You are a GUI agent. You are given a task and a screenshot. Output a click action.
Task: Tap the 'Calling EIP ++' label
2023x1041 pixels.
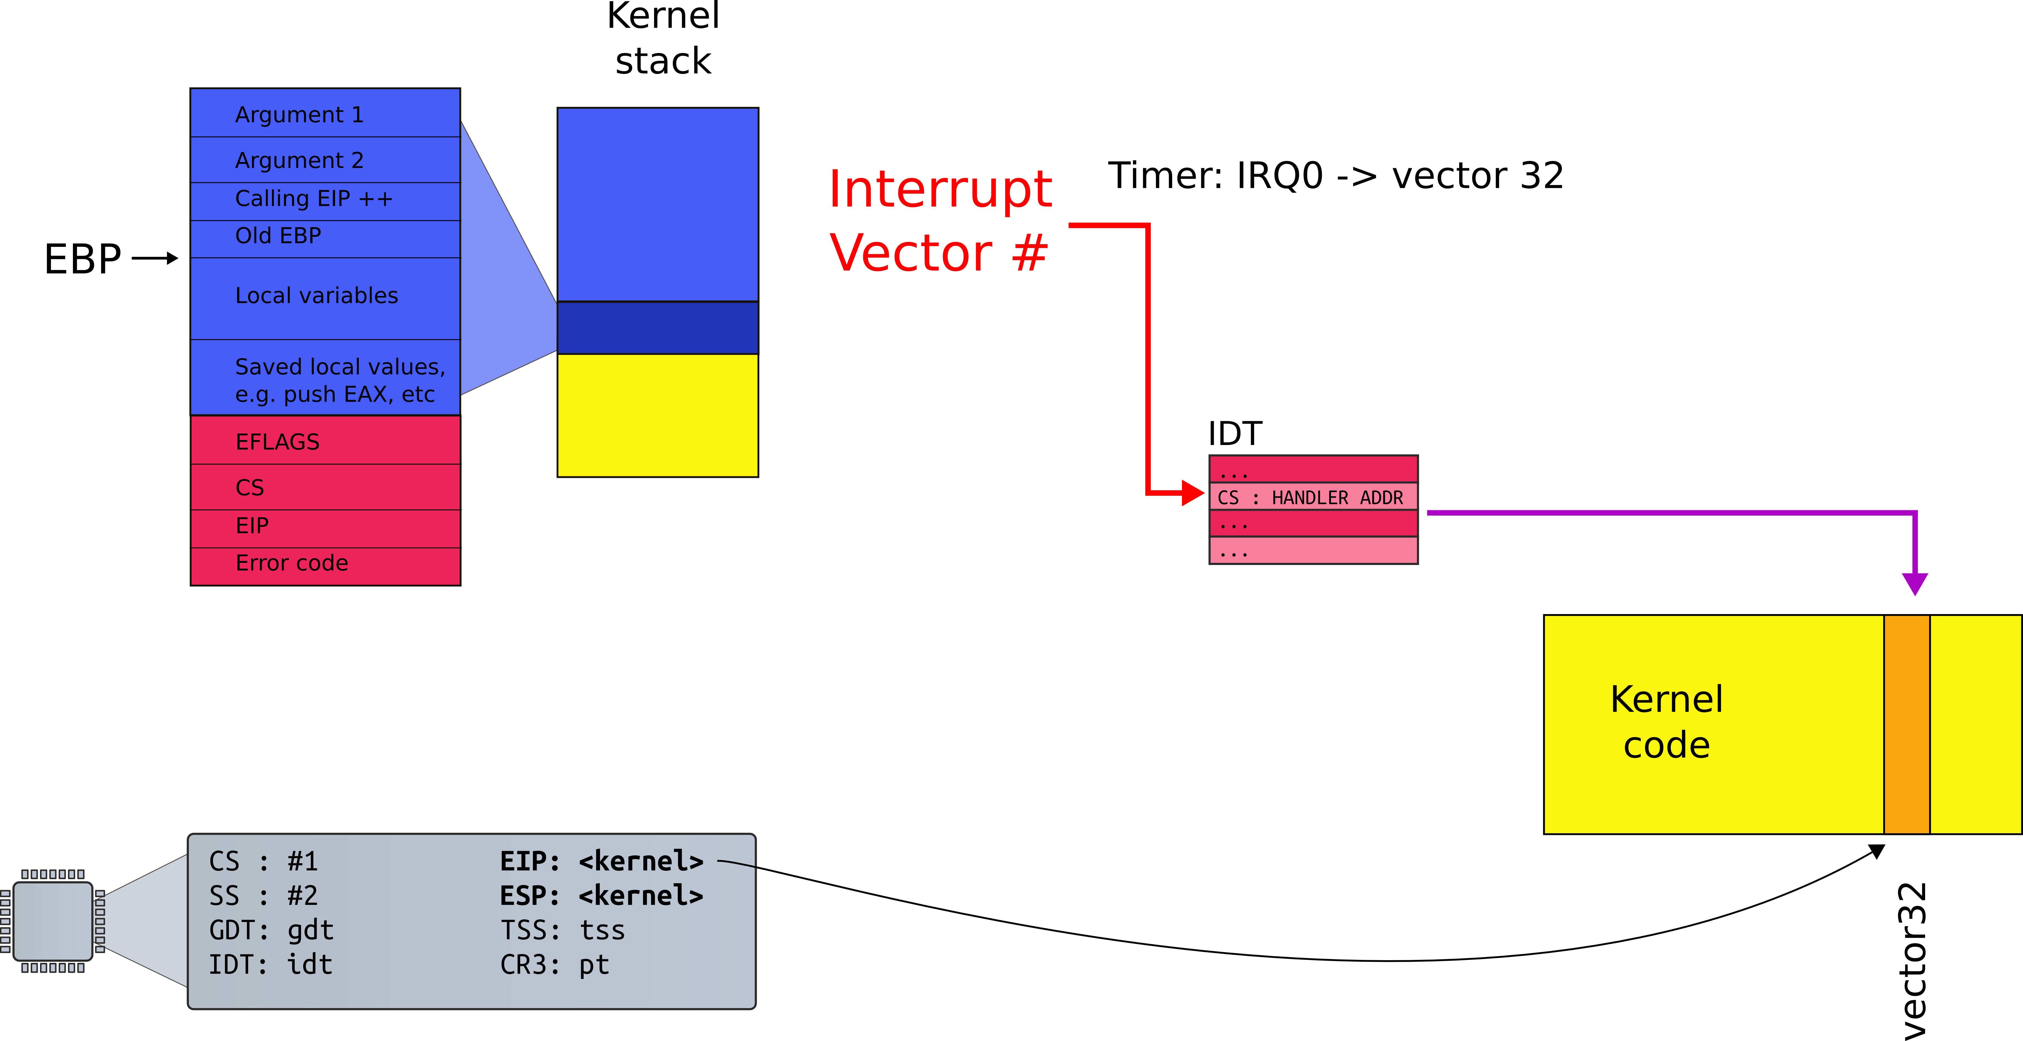pyautogui.click(x=314, y=199)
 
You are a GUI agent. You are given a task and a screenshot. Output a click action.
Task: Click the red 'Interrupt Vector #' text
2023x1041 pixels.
pyautogui.click(x=940, y=221)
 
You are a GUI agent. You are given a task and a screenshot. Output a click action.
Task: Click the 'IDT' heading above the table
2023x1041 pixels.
pyautogui.click(x=1235, y=433)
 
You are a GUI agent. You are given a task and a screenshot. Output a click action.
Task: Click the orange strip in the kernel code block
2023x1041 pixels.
pyautogui.click(x=1907, y=724)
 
